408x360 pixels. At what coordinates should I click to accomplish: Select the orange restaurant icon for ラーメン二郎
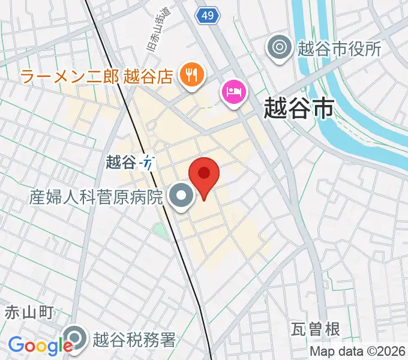[x=191, y=75]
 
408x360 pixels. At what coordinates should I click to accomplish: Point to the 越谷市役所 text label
[x=339, y=49]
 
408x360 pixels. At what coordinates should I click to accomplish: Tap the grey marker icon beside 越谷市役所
[x=280, y=47]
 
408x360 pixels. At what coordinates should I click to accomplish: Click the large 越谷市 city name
[x=299, y=110]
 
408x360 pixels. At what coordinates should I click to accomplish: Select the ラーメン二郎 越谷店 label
[x=97, y=76]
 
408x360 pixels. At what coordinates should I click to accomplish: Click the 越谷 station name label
[x=121, y=162]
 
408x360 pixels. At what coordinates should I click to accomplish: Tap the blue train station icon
[x=148, y=162]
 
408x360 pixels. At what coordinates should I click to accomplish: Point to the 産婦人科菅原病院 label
[x=97, y=196]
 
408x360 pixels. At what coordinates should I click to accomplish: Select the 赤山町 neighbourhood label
[x=29, y=312]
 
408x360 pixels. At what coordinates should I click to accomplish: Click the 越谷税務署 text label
[x=134, y=340]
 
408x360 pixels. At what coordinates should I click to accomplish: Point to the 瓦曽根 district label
[x=316, y=329]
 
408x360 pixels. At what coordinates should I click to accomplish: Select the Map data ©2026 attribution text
[x=358, y=352]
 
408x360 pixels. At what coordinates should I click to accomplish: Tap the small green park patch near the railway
[x=160, y=230]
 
